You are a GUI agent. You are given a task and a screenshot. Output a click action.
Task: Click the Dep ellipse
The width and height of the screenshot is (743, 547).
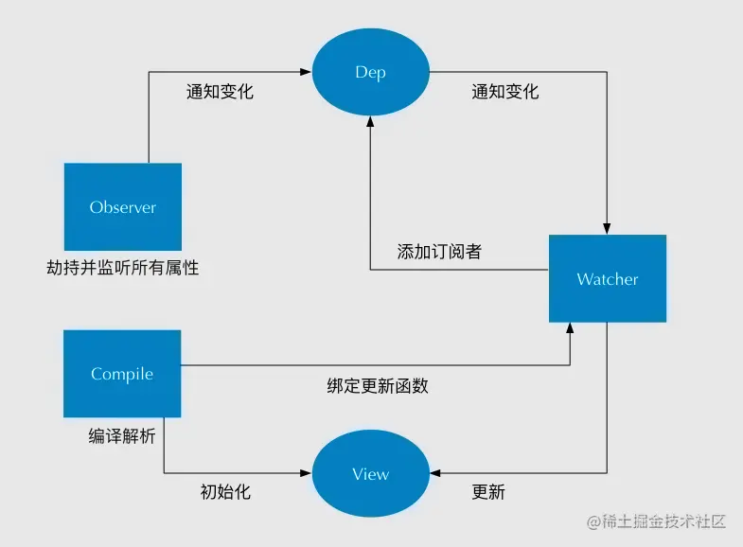point(370,73)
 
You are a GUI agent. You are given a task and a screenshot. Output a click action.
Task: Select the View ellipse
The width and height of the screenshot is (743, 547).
point(370,473)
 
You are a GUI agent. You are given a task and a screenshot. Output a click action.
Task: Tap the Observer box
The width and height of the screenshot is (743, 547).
point(122,206)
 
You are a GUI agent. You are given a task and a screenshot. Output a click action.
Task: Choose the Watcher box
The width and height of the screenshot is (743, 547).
point(608,278)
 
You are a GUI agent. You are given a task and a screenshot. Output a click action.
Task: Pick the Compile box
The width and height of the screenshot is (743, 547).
point(122,373)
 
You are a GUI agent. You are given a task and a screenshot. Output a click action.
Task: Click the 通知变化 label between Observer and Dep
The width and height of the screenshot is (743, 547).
point(220,92)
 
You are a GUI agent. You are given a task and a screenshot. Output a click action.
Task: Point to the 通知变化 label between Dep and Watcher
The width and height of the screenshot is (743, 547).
point(504,92)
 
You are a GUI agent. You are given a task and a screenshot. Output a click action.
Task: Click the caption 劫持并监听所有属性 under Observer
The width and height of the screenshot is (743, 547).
point(123,268)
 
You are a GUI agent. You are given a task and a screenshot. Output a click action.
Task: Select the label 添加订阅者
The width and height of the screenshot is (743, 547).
point(439,252)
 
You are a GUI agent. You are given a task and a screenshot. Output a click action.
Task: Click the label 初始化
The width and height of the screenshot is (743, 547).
point(225,492)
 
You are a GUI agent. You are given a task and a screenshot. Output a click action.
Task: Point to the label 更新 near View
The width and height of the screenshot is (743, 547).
point(488,492)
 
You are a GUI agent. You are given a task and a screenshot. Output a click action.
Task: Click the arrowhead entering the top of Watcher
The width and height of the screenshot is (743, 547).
point(607,228)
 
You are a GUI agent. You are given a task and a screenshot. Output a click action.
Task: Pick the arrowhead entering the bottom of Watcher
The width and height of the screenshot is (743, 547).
point(570,327)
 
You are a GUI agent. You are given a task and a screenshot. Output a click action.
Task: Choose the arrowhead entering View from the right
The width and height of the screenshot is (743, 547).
point(434,473)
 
